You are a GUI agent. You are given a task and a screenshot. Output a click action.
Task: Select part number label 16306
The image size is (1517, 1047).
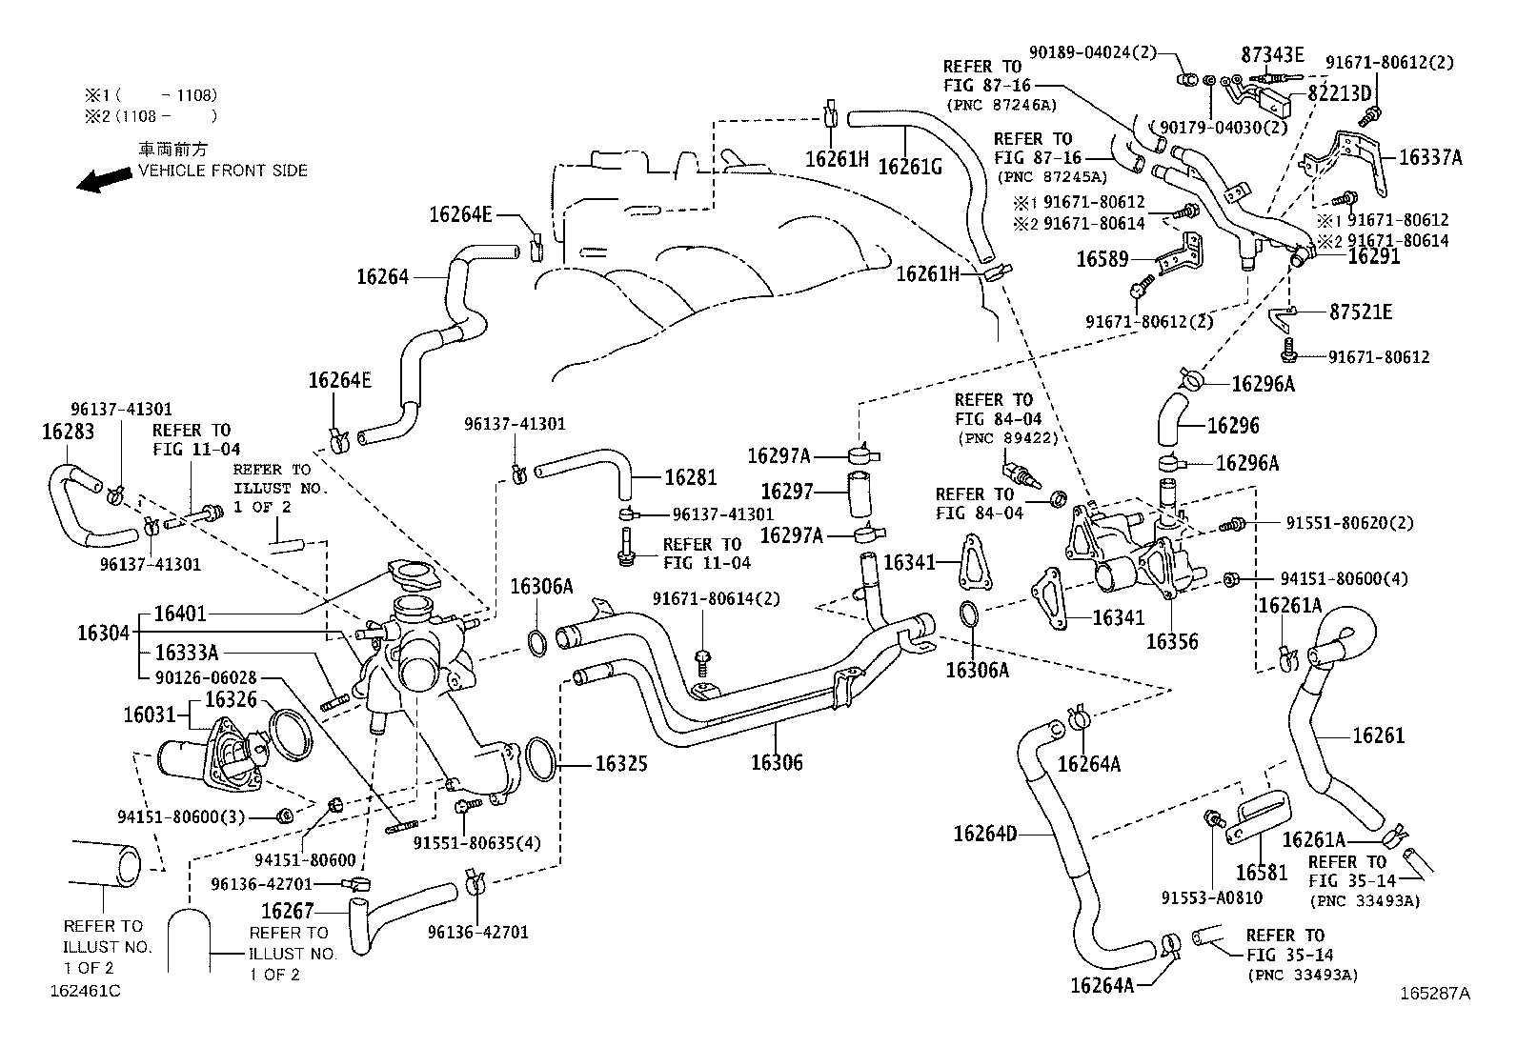[777, 762]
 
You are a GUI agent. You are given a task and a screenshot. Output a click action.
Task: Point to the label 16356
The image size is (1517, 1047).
[1172, 641]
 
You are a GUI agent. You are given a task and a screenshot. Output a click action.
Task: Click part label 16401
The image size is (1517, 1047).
[180, 614]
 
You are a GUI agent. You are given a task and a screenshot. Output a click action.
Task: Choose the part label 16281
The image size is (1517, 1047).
[691, 478]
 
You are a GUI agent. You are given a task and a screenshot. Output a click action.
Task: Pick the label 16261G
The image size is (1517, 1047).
[909, 166]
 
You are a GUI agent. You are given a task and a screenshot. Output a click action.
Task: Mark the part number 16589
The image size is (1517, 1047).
[1102, 259]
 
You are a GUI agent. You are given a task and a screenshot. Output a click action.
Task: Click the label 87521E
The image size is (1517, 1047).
[1361, 312]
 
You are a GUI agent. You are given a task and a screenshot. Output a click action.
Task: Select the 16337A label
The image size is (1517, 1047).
[1429, 158]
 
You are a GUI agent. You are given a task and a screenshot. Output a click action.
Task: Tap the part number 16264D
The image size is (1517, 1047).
[985, 835]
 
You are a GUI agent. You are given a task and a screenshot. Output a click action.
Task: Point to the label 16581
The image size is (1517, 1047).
[1262, 872]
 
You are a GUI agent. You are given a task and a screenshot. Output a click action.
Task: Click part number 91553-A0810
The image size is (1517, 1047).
[1211, 897]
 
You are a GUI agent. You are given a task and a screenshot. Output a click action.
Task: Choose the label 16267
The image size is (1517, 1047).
[288, 912]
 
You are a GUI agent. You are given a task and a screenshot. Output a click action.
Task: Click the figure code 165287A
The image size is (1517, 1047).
[1435, 993]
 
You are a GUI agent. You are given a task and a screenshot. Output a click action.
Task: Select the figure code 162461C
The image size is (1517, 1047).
[86, 990]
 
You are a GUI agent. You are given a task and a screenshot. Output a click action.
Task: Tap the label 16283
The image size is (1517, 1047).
[69, 432]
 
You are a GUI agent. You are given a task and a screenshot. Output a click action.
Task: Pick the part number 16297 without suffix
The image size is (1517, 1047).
[787, 492]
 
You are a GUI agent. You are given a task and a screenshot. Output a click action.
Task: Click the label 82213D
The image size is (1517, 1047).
[1339, 93]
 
